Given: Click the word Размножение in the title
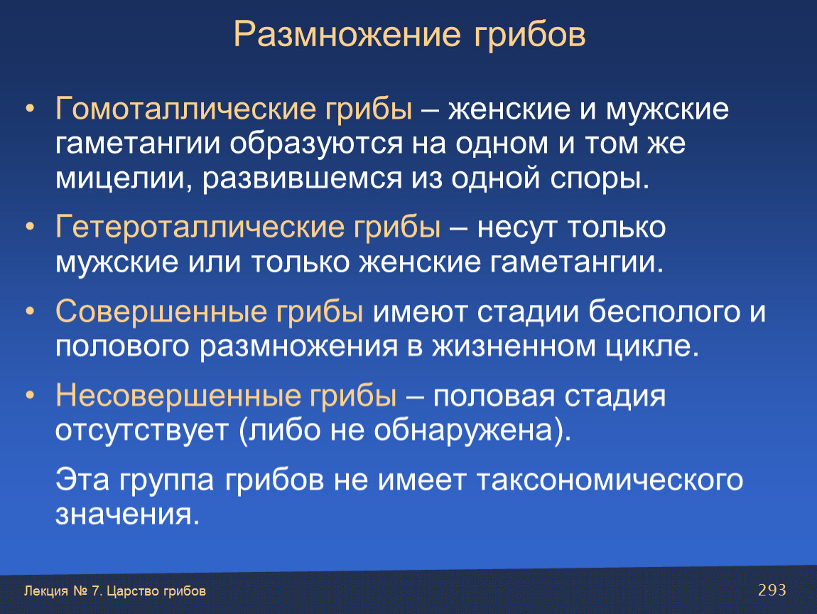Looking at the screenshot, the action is coord(347,36).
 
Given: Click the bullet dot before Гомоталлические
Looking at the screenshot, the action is coord(31,109).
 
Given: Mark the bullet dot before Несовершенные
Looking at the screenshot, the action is coord(31,396).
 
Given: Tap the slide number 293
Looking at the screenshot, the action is coord(772,590).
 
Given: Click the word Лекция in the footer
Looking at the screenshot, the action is coord(46,591).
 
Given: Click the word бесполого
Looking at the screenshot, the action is coord(664,312).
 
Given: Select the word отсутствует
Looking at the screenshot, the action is coord(141,431).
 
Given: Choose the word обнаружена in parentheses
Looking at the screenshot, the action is coord(463,430).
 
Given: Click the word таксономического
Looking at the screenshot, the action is coord(610,480).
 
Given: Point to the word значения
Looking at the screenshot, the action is coord(128,515).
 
